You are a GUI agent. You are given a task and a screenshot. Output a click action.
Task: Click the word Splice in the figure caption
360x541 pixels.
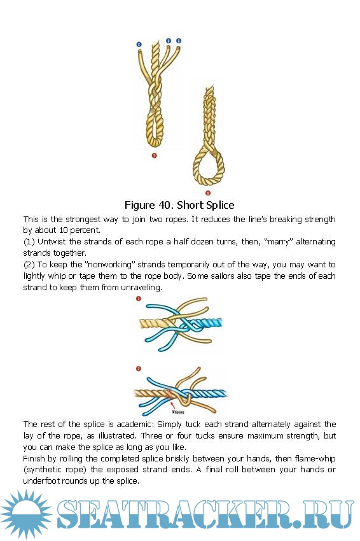(x=219, y=205)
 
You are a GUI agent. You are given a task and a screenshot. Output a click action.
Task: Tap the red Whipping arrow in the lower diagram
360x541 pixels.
(x=174, y=405)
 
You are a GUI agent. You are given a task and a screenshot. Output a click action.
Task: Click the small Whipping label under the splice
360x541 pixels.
(x=178, y=412)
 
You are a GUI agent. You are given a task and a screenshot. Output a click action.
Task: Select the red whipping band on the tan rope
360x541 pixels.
(x=169, y=393)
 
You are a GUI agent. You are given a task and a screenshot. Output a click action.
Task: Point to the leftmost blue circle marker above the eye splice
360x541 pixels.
(x=139, y=45)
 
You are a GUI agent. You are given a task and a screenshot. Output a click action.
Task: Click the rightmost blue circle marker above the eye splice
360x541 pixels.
(x=179, y=41)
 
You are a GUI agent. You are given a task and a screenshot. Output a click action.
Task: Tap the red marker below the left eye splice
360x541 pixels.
(x=154, y=155)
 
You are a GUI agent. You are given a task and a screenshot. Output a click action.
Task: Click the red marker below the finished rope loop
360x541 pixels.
(x=207, y=193)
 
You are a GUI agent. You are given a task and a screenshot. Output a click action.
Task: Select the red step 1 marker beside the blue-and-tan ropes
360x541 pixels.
(x=139, y=299)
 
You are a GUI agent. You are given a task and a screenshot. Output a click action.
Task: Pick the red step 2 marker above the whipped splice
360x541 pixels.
(x=139, y=369)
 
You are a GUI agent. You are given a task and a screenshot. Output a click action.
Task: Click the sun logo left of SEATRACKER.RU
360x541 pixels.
(x=26, y=514)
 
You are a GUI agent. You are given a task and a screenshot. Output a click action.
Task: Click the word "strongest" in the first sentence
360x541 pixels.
(x=83, y=220)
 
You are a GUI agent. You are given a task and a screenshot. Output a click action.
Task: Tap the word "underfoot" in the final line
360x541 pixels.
(x=40, y=481)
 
